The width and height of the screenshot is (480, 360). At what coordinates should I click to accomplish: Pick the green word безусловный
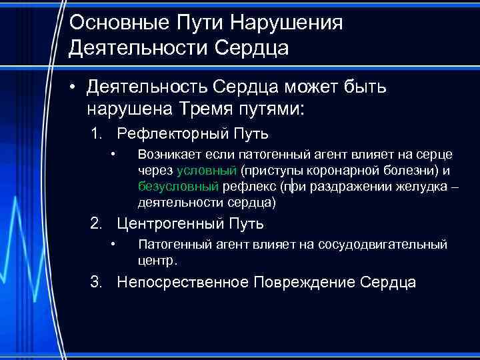click(x=178, y=185)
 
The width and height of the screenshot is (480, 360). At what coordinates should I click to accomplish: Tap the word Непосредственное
click(x=183, y=282)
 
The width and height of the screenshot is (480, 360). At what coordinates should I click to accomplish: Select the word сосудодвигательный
click(x=387, y=245)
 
